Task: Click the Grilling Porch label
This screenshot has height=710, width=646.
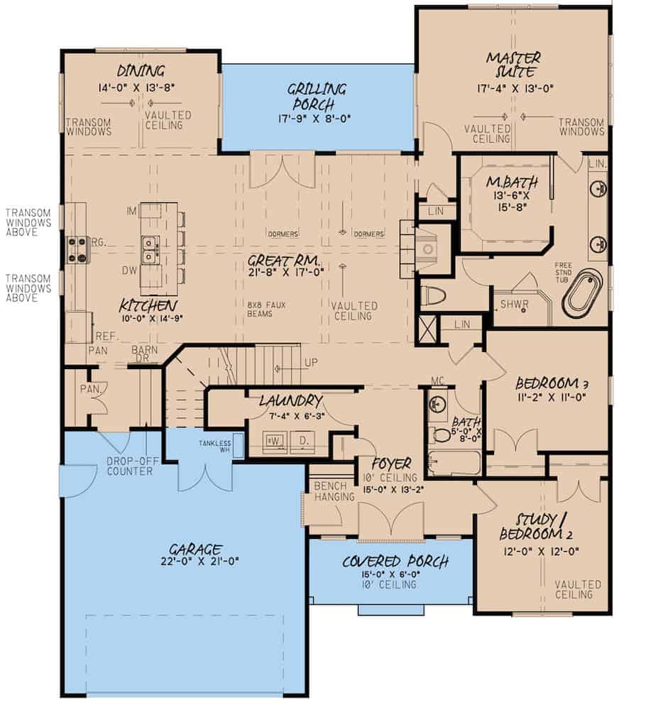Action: click(317, 97)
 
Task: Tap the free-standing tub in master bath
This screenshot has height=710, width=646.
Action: click(582, 292)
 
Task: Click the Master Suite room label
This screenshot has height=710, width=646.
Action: click(513, 65)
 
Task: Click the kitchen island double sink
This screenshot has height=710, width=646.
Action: click(150, 248)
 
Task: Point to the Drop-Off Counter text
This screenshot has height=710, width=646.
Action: click(131, 466)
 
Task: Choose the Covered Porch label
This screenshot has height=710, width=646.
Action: click(395, 562)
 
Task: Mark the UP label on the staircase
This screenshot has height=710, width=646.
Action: click(310, 362)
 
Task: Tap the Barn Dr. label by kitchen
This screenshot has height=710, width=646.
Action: click(144, 354)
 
